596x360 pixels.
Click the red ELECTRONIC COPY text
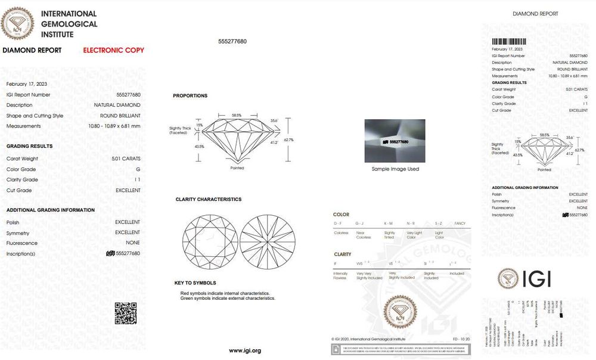(113, 50)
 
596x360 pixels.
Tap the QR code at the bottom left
(125, 314)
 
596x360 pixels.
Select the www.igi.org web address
(245, 350)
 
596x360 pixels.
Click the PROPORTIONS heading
(190, 95)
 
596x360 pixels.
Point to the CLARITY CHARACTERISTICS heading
(208, 199)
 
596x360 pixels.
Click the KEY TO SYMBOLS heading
(195, 283)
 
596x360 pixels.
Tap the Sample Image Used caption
(395, 169)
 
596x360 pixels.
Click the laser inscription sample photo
(395, 141)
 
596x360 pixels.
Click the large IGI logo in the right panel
(524, 278)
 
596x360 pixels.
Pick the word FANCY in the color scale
(460, 223)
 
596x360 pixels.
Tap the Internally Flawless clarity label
(339, 275)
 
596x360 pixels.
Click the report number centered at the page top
(232, 41)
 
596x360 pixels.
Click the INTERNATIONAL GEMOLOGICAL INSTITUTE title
(69, 24)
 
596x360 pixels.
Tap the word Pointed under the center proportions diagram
(237, 168)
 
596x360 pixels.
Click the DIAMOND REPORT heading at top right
(535, 14)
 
